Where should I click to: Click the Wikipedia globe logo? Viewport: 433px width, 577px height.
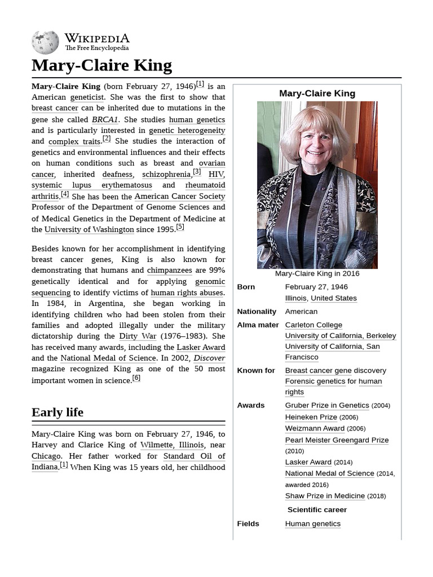(45, 42)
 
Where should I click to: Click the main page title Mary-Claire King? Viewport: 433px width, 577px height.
(101, 65)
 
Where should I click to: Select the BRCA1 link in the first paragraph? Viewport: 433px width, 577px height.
(105, 119)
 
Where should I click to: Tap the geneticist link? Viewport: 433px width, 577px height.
(87, 97)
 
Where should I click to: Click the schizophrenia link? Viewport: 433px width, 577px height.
(166, 175)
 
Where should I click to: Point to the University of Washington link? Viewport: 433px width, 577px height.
(89, 229)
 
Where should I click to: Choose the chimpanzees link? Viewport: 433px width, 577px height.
(169, 270)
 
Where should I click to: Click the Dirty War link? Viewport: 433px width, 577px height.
(138, 336)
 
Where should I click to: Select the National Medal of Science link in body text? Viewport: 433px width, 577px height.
(108, 358)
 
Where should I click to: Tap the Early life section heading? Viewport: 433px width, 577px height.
(58, 412)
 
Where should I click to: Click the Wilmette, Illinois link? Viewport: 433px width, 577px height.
(172, 445)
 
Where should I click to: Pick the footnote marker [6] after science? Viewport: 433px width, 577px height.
(136, 378)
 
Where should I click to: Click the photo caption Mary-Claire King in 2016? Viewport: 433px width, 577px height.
(317, 274)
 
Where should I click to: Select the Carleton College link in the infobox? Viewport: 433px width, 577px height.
(313, 325)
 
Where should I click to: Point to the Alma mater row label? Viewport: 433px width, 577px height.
(258, 325)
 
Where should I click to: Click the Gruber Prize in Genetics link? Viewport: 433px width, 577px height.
(327, 406)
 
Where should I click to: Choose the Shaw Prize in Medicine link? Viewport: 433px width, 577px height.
(325, 496)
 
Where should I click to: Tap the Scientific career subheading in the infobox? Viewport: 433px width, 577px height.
(317, 510)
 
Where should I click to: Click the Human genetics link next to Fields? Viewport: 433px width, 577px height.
(313, 524)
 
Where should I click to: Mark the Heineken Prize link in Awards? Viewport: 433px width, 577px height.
(311, 418)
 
